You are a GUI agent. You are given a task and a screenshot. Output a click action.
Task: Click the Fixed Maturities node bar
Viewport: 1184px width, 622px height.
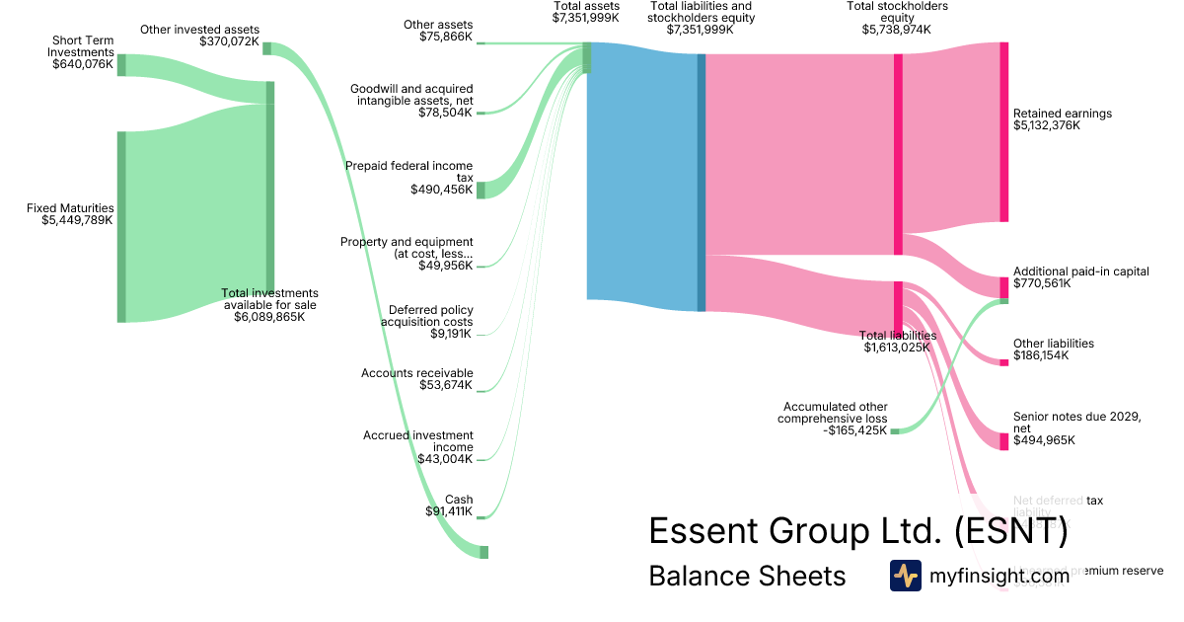tap(121, 226)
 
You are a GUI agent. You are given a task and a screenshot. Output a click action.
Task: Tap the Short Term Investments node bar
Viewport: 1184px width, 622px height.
tap(121, 65)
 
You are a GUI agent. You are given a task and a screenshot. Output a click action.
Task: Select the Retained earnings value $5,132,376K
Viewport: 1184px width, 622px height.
tap(1047, 125)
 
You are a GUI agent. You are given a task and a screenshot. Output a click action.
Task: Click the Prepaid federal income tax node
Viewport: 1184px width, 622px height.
tap(481, 190)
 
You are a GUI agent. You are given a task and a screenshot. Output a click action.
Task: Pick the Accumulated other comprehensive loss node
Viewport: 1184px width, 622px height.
tap(894, 431)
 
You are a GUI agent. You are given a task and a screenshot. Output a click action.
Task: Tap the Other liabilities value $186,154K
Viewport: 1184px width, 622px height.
tap(1041, 355)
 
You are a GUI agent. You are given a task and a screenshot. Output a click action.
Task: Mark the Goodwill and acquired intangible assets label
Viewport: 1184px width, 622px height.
tap(411, 95)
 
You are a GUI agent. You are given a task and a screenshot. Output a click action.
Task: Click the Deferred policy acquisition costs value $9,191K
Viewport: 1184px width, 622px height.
tap(452, 335)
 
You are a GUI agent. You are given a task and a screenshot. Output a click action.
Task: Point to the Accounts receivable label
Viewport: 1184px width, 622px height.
tap(416, 373)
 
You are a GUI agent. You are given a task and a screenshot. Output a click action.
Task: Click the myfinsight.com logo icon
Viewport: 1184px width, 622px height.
tap(905, 576)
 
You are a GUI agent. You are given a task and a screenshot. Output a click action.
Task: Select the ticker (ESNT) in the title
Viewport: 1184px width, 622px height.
tap(1010, 531)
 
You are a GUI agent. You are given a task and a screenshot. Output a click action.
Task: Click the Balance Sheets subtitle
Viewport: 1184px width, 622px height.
tap(746, 577)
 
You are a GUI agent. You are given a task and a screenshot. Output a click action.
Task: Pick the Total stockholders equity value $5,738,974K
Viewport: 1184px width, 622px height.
tap(896, 30)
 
